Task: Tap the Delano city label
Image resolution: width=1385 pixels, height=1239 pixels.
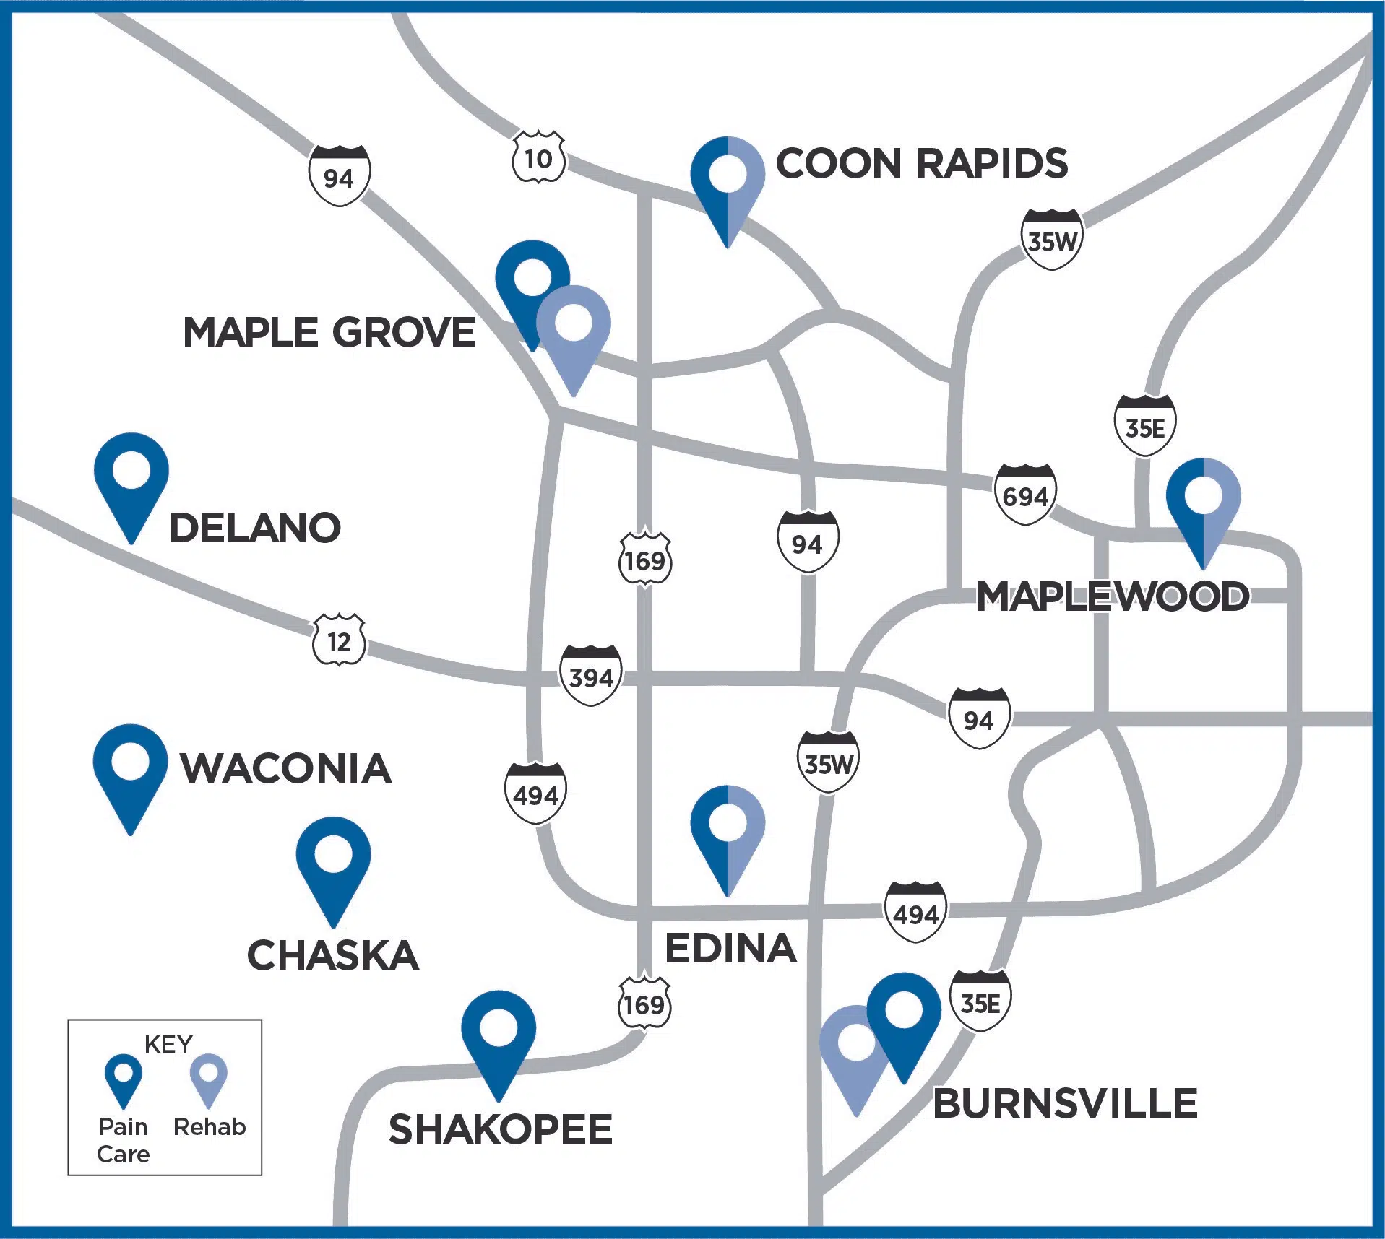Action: click(254, 527)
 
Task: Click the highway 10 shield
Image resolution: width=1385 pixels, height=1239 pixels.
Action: click(538, 157)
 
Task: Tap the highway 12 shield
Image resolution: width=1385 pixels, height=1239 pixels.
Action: click(338, 640)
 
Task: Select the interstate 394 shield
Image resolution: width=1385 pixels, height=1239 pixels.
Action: click(591, 676)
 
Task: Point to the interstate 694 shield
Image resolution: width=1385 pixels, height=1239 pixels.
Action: click(1025, 495)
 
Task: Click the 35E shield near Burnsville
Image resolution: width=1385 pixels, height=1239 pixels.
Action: click(980, 1003)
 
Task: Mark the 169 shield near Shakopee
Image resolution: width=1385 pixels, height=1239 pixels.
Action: click(644, 1004)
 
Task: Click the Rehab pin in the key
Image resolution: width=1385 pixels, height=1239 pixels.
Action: click(208, 1077)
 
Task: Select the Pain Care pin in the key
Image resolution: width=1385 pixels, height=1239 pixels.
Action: click(124, 1077)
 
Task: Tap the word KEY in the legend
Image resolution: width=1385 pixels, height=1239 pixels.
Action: click(168, 1044)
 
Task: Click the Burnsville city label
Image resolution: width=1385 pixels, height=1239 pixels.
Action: click(1065, 1104)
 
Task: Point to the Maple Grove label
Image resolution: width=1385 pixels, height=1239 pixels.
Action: click(329, 333)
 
